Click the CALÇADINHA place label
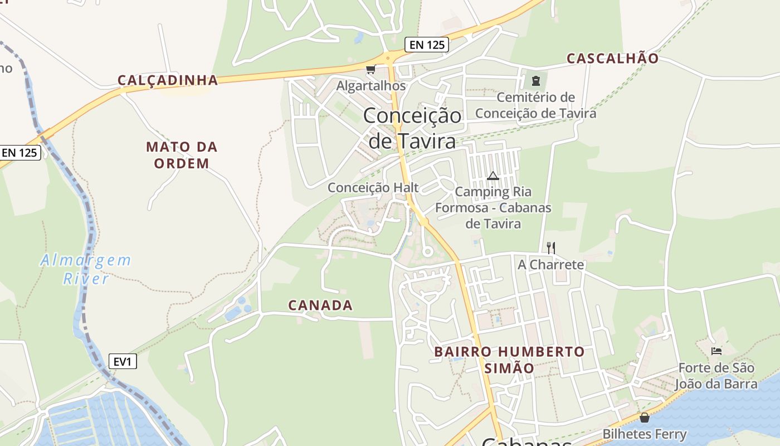(167, 80)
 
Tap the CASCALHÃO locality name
(612, 59)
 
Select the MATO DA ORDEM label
(182, 156)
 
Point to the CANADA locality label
(320, 306)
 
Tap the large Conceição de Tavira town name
(412, 129)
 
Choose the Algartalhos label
(371, 86)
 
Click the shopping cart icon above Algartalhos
(370, 70)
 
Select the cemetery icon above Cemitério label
(536, 81)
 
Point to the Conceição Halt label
(373, 187)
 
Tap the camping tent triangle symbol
(493, 176)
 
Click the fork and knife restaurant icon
(550, 248)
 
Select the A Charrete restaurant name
(551, 264)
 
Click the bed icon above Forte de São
(716, 351)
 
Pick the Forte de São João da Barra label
(716, 376)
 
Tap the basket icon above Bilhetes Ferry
(645, 418)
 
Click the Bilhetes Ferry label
(645, 434)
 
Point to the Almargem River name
(86, 269)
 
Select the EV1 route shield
(123, 362)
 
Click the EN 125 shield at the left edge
(20, 152)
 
